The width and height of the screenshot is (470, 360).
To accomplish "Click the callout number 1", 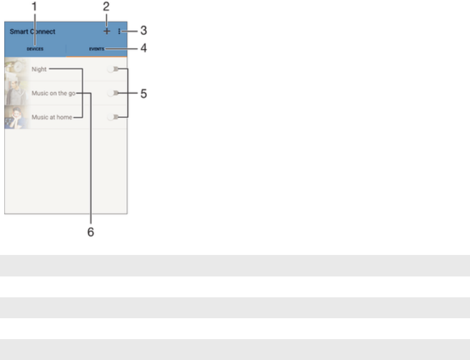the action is tap(35, 7).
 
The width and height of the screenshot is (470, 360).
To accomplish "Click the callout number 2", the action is tap(106, 7).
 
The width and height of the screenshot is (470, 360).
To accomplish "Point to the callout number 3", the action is tap(143, 29).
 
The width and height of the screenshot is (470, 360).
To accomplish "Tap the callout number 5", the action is tap(143, 94).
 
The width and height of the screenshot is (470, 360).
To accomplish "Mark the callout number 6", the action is tap(90, 233).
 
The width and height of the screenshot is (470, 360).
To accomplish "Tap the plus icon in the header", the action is tap(106, 30).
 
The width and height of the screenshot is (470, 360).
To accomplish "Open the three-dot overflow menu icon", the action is tap(119, 30).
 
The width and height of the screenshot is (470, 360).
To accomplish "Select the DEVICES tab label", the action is tap(35, 48).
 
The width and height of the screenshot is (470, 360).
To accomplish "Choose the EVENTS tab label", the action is tap(96, 48).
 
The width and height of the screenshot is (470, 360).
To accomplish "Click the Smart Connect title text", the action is tap(33, 30).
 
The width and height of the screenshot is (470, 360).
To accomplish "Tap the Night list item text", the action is tap(39, 69).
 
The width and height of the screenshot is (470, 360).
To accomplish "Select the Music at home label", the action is tap(52, 117).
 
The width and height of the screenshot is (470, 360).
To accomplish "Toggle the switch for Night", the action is tap(112, 69).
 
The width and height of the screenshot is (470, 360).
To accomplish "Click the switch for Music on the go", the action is tap(112, 93).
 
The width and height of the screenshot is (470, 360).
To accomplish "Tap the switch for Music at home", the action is tap(112, 117).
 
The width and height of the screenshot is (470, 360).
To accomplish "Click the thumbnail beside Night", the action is tap(16, 69).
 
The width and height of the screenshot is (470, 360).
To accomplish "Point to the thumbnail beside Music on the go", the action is tap(16, 93).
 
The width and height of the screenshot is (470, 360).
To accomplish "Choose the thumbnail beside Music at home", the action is tap(16, 117).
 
